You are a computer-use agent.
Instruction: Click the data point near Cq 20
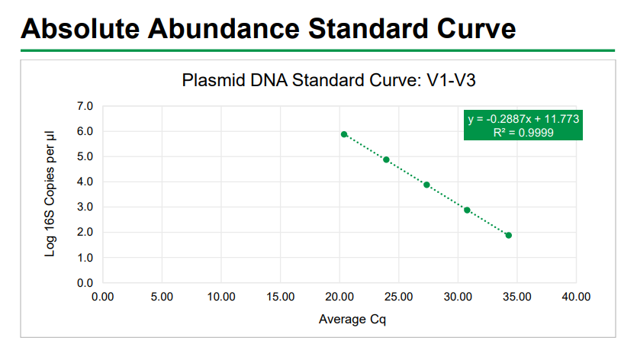coord(344,134)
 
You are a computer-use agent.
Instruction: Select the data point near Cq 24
coord(386,159)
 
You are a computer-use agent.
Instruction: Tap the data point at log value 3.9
coord(426,185)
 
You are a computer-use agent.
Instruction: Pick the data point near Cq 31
coord(467,210)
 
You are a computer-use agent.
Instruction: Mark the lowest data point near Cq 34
coord(509,235)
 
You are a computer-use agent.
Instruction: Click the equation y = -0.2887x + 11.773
coord(523,119)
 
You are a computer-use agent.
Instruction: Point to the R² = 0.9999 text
coord(523,133)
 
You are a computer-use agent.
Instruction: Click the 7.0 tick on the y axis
coord(85,106)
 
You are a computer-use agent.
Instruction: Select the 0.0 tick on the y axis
coord(85,283)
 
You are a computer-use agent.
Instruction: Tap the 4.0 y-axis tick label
coord(85,182)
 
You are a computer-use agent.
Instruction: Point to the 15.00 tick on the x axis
coord(280,297)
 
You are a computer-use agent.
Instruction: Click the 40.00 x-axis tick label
coord(576,297)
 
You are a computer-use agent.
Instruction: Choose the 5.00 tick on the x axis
coord(162,297)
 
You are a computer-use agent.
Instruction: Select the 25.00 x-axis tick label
coord(398,297)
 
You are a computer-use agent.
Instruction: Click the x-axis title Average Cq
coord(352,320)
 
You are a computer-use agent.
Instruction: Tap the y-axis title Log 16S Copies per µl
coord(50,194)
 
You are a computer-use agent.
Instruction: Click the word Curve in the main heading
coord(476,29)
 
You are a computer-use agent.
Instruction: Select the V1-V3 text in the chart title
coord(451,80)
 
